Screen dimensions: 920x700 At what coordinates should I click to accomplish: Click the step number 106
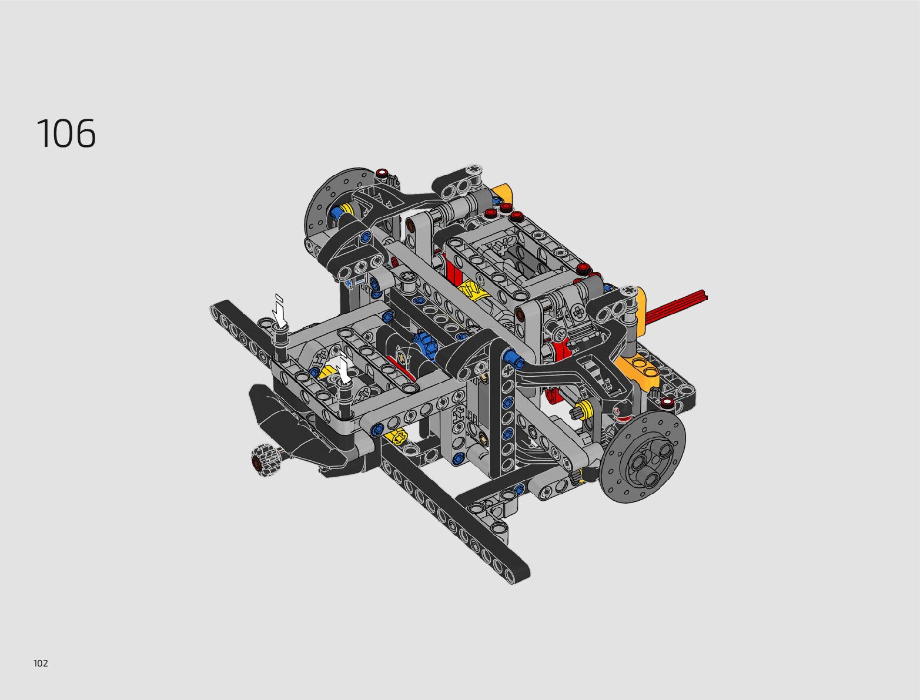coord(66,133)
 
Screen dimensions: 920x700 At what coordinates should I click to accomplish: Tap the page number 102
coord(41,663)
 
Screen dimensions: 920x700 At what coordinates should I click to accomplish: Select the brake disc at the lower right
coord(643,455)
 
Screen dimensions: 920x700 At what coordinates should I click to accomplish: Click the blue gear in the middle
coord(424,344)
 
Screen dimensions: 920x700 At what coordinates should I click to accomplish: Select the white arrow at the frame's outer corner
coord(280,312)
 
